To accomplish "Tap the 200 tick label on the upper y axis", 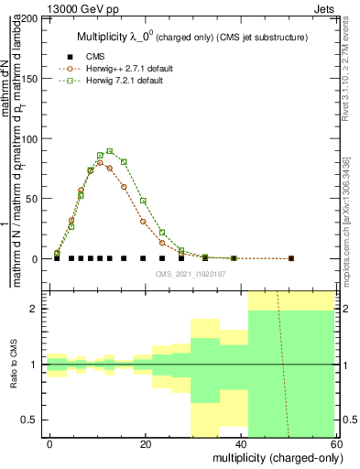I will click(x=30, y=18).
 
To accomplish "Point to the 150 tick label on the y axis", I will click(x=30, y=79).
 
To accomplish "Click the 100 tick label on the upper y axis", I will click(x=30, y=138).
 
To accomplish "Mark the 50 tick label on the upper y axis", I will click(x=33, y=199).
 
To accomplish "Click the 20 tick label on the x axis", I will click(x=146, y=444).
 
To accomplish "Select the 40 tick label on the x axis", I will click(x=241, y=444).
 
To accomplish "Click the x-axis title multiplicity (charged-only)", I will click(x=273, y=456).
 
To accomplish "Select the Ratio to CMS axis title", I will click(x=13, y=365).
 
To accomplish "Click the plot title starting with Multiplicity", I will click(x=191, y=37).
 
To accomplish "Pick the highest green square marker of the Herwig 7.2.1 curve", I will click(x=110, y=151).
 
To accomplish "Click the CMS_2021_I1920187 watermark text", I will click(x=190, y=273).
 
